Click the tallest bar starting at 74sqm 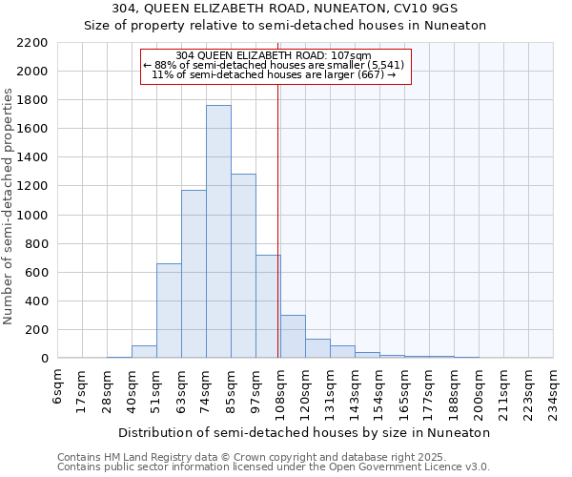tap(218, 232)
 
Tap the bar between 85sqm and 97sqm tap(243, 266)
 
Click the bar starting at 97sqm tap(268, 306)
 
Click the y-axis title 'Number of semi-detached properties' tap(9, 205)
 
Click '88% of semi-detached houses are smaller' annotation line tap(275, 65)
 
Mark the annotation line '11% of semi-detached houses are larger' tap(275, 74)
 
